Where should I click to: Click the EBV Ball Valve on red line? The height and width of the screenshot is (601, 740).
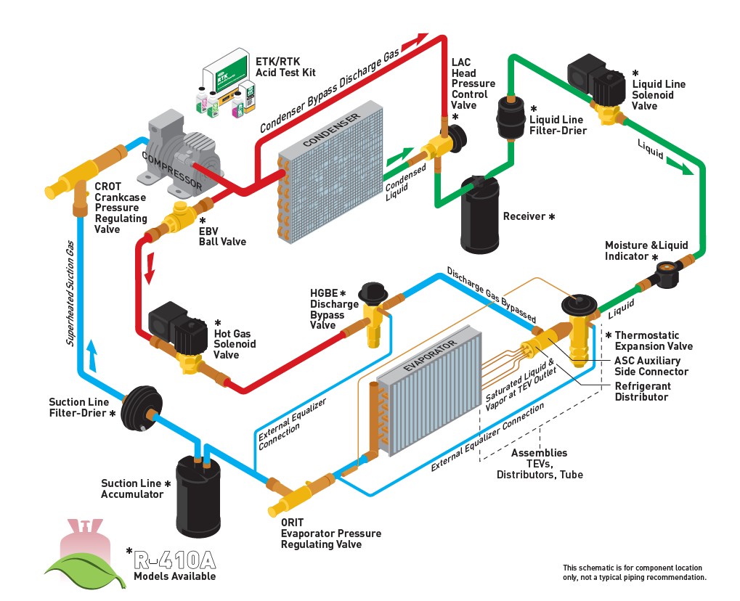tap(179, 217)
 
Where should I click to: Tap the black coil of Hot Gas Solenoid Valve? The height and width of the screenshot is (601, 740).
tap(169, 324)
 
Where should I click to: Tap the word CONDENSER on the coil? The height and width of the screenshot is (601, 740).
tap(330, 131)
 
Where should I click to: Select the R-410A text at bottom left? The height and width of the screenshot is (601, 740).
tap(175, 560)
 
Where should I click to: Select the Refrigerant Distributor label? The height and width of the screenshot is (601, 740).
tap(643, 392)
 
